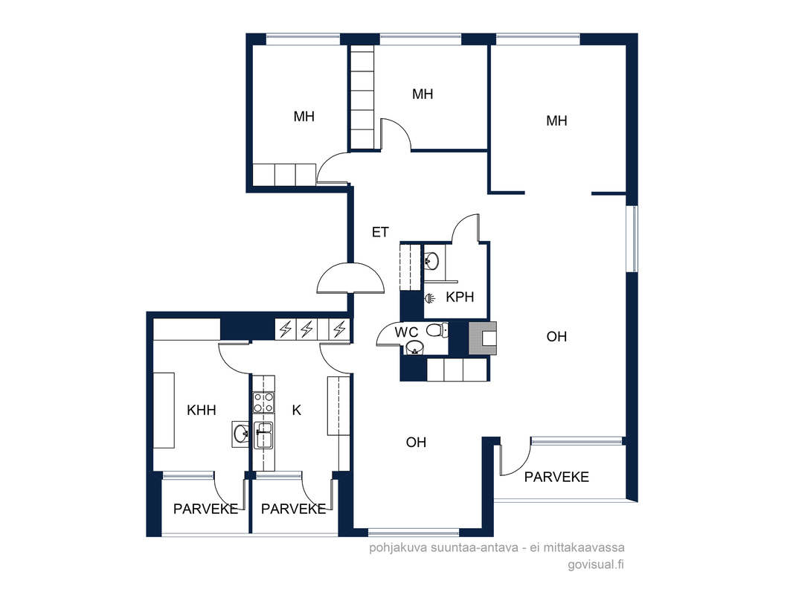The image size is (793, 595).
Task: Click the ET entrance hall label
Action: (380, 232)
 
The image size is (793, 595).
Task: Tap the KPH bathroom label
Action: (460, 297)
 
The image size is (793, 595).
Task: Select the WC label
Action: (407, 332)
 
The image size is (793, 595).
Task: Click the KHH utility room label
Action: (202, 410)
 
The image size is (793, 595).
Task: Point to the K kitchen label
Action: (297, 410)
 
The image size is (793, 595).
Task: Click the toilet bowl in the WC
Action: (437, 330)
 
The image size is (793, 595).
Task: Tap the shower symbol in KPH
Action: (429, 298)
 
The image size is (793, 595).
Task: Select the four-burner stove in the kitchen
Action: (263, 402)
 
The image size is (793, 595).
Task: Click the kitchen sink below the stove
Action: (263, 435)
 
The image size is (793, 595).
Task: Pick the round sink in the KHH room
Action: (240, 433)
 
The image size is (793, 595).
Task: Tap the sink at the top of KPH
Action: (431, 261)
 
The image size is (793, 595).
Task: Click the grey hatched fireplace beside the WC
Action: (483, 338)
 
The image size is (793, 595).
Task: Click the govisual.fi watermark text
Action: (596, 565)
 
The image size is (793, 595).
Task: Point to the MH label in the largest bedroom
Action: (556, 120)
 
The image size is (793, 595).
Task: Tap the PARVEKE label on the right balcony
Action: (556, 477)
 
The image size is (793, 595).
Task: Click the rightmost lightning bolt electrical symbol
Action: (339, 329)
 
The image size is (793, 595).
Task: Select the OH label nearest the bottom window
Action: (417, 443)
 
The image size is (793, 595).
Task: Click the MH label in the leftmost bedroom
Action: (304, 116)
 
